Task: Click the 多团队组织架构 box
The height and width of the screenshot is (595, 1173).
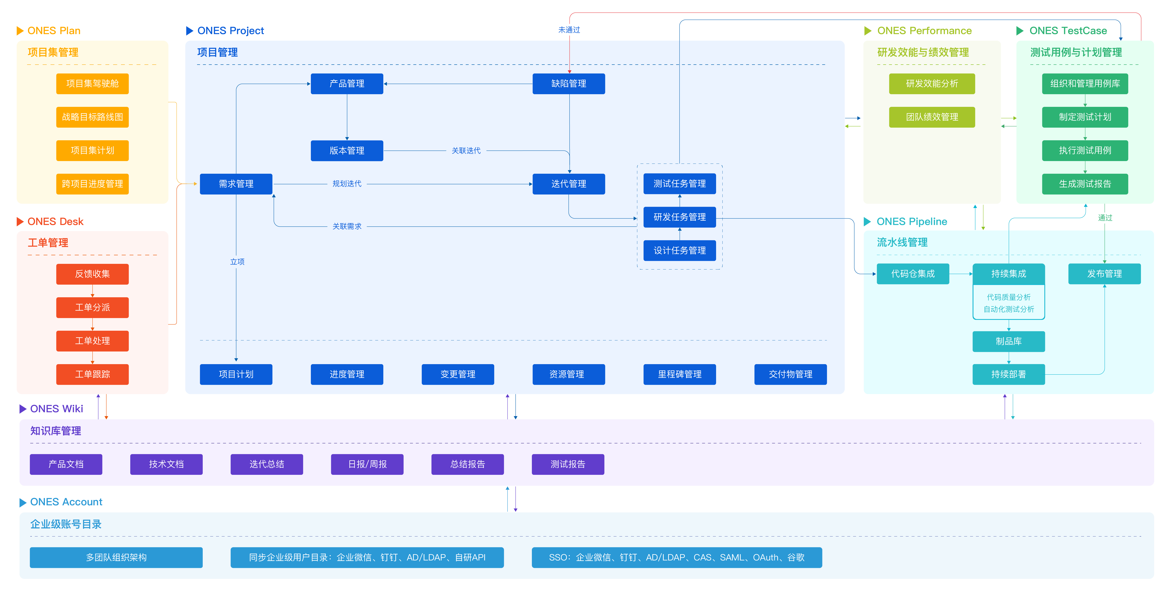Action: (116, 557)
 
